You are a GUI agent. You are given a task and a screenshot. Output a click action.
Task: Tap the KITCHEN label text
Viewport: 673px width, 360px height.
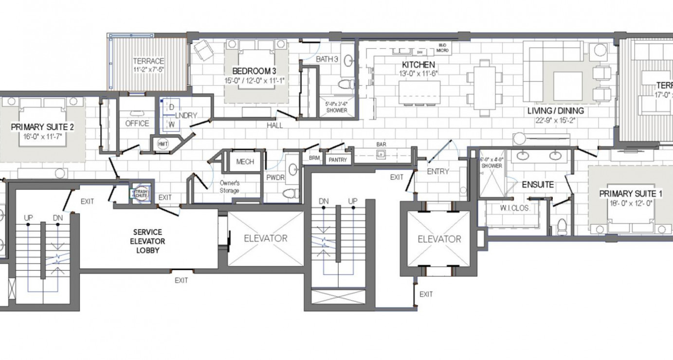(x=418, y=65)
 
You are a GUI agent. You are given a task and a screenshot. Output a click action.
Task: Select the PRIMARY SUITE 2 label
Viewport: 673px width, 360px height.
(x=42, y=127)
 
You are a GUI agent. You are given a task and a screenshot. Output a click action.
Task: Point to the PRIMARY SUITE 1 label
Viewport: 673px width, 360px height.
(x=630, y=194)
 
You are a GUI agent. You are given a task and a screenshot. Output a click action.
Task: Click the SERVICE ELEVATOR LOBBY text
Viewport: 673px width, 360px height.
(x=149, y=241)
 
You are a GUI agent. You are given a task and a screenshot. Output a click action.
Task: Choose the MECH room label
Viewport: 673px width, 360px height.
(x=245, y=162)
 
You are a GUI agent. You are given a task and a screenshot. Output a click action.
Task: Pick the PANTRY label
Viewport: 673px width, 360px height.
(x=337, y=160)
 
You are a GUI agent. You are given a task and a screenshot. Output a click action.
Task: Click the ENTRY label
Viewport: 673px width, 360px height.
(x=437, y=171)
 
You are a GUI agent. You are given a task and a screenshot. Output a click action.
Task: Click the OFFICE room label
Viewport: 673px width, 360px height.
(x=137, y=124)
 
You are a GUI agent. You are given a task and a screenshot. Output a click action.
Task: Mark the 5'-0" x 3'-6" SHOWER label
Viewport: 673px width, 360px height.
(x=336, y=107)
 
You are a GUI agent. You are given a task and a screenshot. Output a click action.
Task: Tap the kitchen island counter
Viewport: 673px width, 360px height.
(x=419, y=92)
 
